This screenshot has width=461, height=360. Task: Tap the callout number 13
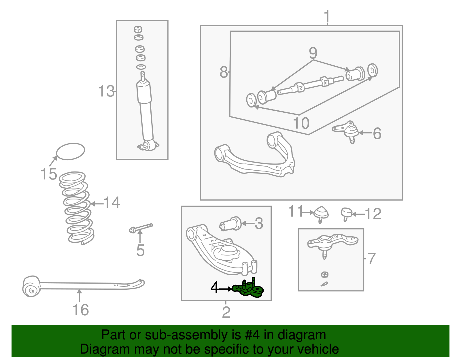pyautogui.click(x=106, y=91)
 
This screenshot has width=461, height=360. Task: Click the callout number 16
pyautogui.click(x=80, y=310)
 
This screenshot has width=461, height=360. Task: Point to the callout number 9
pyautogui.click(x=313, y=53)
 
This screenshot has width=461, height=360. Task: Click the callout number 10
pyautogui.click(x=301, y=123)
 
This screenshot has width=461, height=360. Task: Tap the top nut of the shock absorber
pyautogui.click(x=138, y=29)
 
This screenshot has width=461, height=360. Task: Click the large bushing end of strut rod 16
pyautogui.click(x=31, y=287)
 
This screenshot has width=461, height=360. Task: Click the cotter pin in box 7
pyautogui.click(x=324, y=284)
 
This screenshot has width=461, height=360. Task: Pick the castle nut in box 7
pyautogui.click(x=325, y=274)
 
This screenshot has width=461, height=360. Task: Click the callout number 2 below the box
pyautogui.click(x=226, y=312)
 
